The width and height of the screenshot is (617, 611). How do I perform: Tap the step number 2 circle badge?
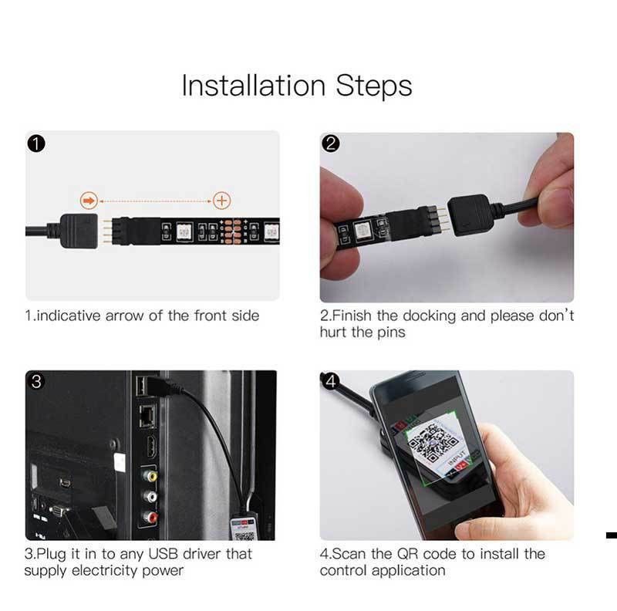[x=331, y=143]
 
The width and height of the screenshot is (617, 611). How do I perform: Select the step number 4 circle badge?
[x=331, y=382]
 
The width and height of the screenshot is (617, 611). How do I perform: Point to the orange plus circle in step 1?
[x=222, y=201]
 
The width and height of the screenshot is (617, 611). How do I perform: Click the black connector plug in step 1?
[x=77, y=229]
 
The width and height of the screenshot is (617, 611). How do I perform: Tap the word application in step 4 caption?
[x=409, y=571]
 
